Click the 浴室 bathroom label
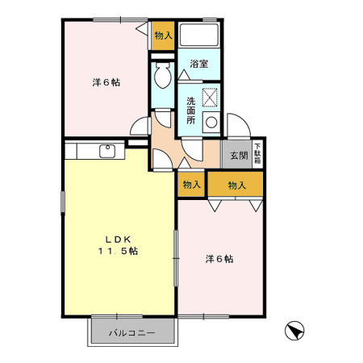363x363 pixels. (200, 63)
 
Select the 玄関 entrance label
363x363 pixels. (238, 155)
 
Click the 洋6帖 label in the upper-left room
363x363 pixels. (106, 81)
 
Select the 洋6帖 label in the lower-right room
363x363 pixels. (219, 259)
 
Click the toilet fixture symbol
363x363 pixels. (161, 78)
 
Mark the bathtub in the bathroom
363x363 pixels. (200, 35)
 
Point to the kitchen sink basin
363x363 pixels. (106, 150)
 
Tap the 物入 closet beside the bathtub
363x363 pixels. (163, 36)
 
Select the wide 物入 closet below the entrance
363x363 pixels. (236, 185)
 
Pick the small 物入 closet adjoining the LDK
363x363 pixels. (191, 185)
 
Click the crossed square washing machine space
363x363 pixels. (211, 97)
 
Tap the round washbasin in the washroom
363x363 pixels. (212, 123)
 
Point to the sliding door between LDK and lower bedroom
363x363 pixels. (177, 258)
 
